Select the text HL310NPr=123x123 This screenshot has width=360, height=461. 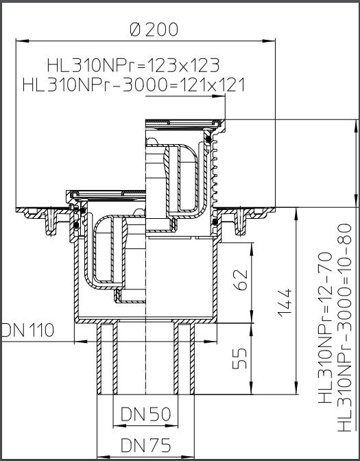133,65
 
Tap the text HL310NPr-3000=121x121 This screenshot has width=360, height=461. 133,84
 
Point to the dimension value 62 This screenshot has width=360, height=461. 240,279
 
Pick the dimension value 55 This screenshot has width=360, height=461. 240,358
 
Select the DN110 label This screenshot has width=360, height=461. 27,330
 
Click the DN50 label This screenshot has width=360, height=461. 145,414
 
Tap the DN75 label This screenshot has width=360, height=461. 145,445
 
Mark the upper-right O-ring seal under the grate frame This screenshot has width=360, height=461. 208,141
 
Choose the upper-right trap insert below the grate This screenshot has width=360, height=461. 184,175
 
